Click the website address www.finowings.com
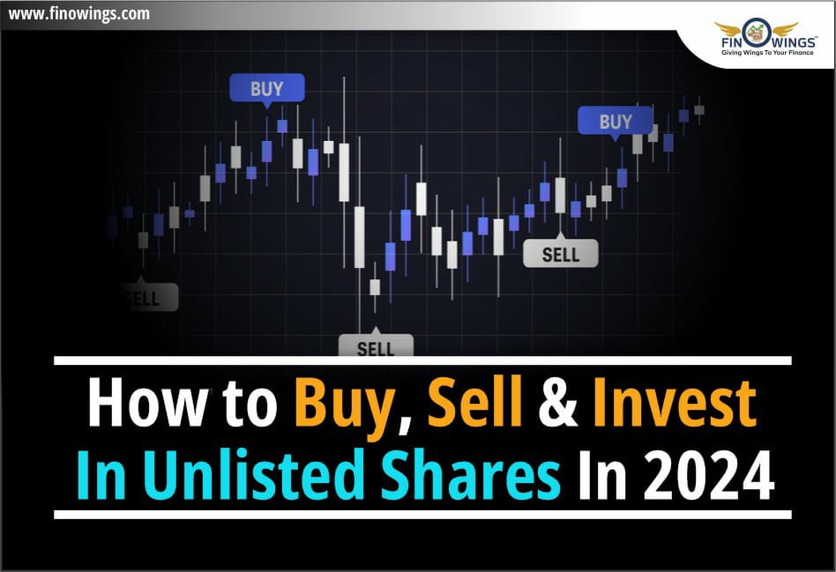78,13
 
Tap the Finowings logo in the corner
766,38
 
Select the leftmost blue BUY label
267,88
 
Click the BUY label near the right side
616,121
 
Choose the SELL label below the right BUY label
560,253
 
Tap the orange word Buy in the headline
347,408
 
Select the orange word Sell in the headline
474,403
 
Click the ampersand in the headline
558,403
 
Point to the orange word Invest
675,404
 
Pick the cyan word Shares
471,474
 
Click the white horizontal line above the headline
422,360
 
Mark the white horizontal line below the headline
422,515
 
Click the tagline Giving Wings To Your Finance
767,53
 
